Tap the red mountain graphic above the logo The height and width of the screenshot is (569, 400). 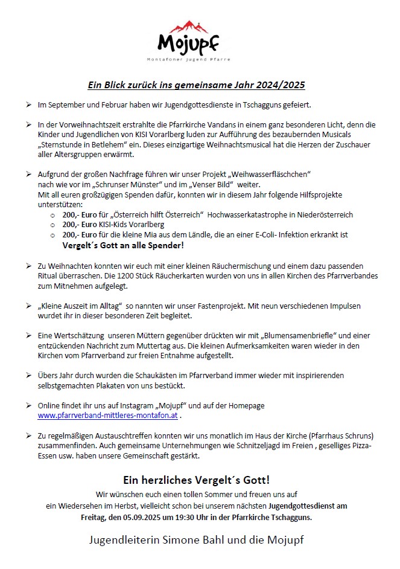point(188,27)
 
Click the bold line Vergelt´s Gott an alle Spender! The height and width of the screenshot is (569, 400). point(123,245)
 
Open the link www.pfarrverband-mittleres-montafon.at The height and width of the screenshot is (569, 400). point(107,416)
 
